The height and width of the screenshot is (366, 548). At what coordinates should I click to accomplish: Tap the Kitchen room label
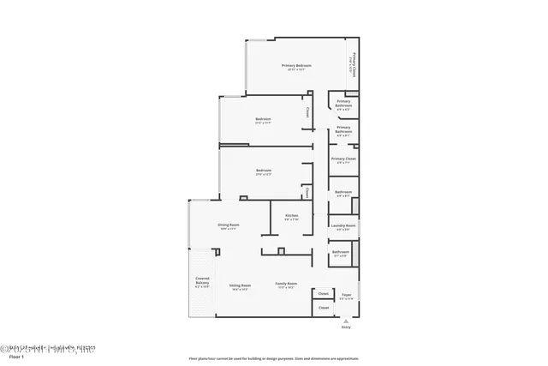pyautogui.click(x=291, y=214)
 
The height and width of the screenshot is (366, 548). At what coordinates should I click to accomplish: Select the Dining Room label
pyautogui.click(x=228, y=225)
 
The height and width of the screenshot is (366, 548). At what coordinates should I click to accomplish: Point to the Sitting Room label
pyautogui.click(x=240, y=285)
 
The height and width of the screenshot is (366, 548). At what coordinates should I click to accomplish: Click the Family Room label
pyautogui.click(x=285, y=284)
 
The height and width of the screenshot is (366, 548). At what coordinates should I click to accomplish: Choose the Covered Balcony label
pyautogui.click(x=202, y=280)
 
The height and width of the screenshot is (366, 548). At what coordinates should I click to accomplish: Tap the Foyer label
pyautogui.click(x=347, y=294)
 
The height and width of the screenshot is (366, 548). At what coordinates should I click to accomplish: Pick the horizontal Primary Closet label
pyautogui.click(x=343, y=158)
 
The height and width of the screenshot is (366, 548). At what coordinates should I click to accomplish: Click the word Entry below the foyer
pyautogui.click(x=346, y=327)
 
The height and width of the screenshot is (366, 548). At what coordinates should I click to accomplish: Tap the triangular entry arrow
pyautogui.click(x=346, y=320)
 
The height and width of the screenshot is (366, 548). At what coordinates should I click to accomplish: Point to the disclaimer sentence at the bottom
pyautogui.click(x=273, y=358)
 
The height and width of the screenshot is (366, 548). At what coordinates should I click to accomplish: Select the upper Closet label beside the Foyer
pyautogui.click(x=323, y=293)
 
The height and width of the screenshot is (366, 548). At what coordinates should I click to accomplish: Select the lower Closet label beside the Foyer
pyautogui.click(x=323, y=307)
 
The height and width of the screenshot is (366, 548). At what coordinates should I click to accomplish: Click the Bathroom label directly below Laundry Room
pyautogui.click(x=340, y=252)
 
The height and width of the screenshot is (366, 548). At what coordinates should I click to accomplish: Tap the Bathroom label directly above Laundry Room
pyautogui.click(x=342, y=192)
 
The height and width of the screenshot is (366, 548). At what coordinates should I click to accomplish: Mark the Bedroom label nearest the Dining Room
pyautogui.click(x=263, y=171)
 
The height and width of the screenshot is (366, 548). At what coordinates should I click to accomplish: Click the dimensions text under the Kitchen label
pyautogui.click(x=291, y=219)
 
